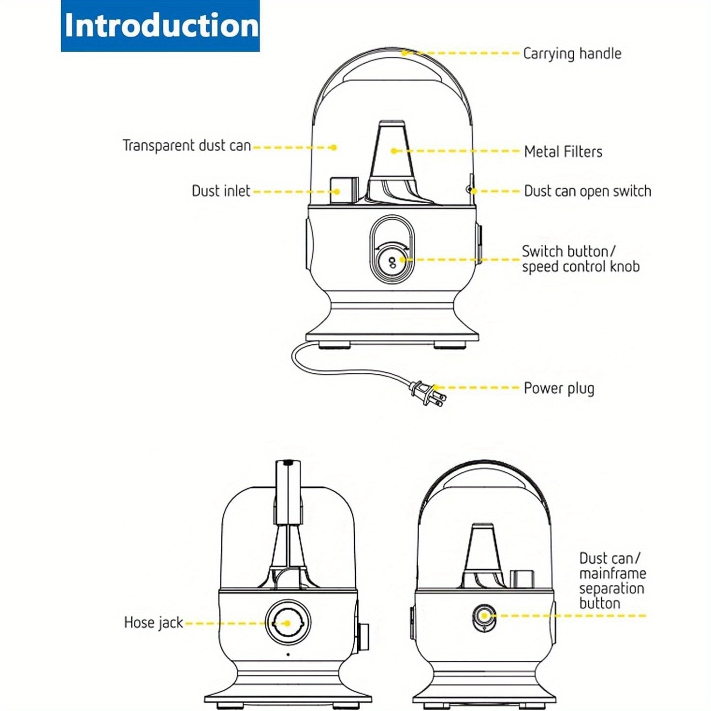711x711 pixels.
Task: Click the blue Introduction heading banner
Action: (160, 26)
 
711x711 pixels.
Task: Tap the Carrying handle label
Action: (572, 54)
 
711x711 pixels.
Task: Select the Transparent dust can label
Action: (186, 146)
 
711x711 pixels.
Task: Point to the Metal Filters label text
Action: (563, 152)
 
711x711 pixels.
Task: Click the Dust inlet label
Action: (221, 191)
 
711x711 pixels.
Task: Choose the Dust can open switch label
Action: (587, 191)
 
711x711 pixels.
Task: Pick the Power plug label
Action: (558, 388)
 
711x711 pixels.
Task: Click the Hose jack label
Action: (153, 623)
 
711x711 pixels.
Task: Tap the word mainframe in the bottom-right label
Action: (613, 574)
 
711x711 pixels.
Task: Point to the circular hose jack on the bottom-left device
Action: (288, 623)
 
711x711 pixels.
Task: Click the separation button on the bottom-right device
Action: (484, 616)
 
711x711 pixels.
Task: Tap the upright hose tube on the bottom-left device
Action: (289, 492)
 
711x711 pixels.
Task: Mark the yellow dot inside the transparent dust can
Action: (334, 147)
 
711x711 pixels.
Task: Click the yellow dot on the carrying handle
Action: (403, 52)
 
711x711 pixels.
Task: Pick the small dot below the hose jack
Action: (288, 654)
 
